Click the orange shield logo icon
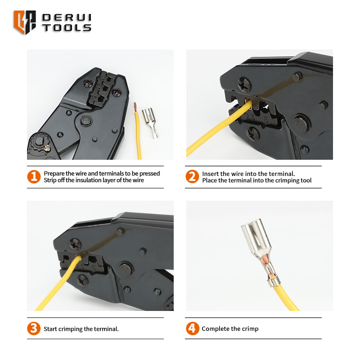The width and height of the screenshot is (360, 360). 25,22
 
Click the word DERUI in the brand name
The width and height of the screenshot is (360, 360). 67,18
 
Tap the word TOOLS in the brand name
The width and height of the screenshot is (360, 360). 67,28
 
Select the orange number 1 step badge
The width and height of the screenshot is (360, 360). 34,176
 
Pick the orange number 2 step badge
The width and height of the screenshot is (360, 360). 192,176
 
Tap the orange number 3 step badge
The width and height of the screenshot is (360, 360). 34,328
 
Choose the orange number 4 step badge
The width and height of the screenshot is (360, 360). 193,328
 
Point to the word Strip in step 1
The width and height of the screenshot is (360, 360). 50,180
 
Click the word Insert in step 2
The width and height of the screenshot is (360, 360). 210,174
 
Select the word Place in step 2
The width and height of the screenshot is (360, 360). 209,180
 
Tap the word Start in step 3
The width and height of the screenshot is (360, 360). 50,329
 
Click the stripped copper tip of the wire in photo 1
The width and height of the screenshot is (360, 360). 135,107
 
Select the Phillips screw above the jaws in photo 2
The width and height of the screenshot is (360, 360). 244,84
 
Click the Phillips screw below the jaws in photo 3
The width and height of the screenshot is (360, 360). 82,280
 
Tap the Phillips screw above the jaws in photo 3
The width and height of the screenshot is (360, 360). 75,244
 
